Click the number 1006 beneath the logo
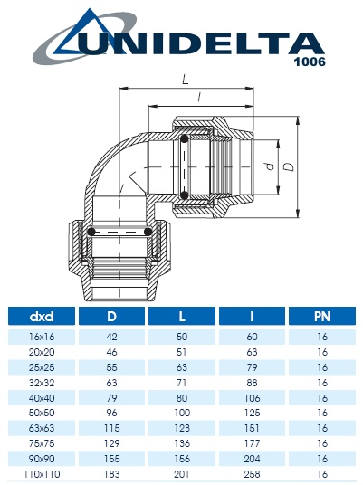308,63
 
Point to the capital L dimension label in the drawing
186,81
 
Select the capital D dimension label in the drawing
289,166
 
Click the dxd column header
42,317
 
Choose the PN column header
321,317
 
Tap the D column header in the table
111,317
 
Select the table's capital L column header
181,317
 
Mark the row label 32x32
42,384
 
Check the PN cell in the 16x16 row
321,337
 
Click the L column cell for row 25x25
181,368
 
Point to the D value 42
111,337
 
